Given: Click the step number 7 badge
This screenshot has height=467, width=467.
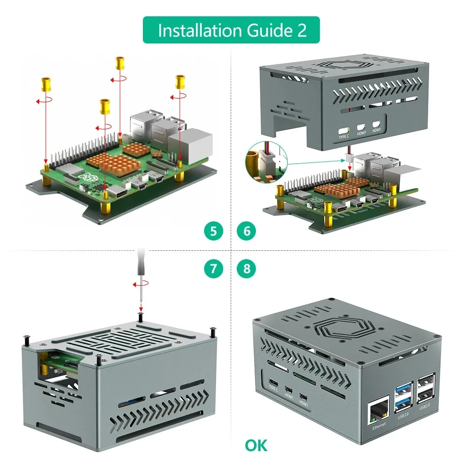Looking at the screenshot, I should (213, 269).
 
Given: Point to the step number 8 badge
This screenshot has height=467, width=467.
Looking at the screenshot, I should (247, 269).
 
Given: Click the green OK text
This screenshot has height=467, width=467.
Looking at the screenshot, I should (256, 445).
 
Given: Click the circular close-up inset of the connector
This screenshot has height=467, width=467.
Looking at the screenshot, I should (264, 164).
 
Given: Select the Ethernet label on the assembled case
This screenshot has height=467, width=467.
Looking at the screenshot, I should (379, 425).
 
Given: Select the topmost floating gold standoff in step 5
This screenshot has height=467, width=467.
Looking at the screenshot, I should (120, 63).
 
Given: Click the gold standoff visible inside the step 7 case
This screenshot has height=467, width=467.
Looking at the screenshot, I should (44, 372).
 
